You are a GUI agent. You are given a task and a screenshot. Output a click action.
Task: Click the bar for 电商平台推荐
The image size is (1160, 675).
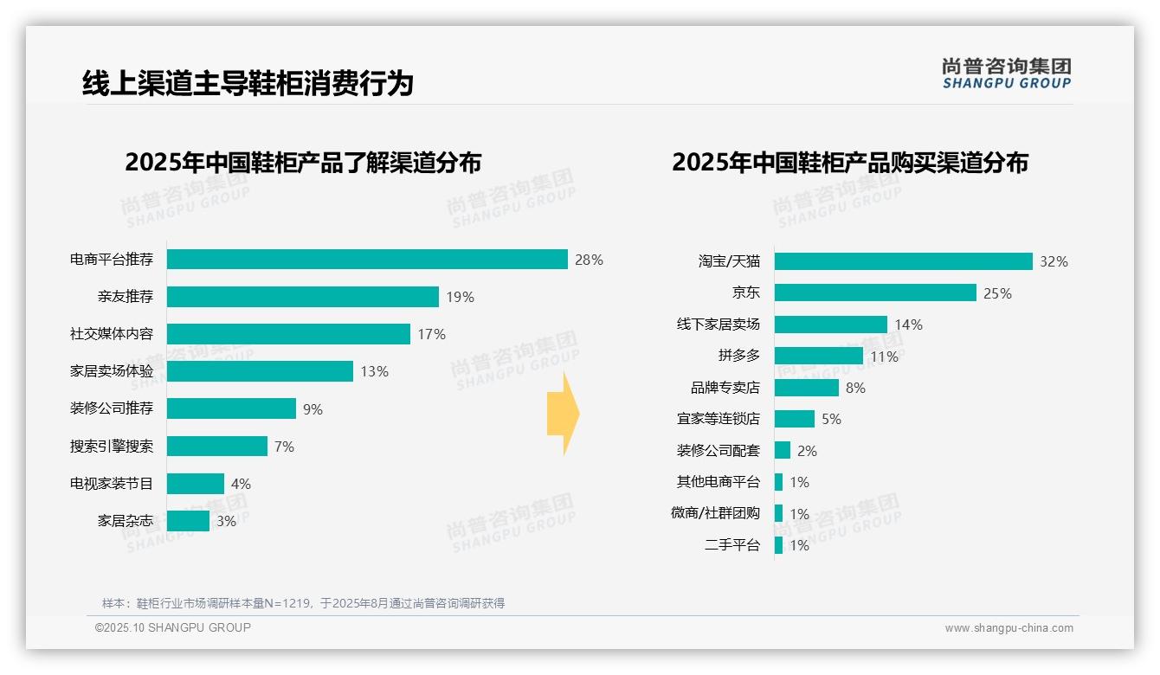367,260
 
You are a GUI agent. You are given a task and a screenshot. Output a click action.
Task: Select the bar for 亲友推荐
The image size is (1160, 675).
302,297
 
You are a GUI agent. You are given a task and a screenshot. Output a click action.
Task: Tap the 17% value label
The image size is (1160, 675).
431,334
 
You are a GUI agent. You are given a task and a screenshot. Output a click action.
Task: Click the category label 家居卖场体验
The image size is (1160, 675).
112,371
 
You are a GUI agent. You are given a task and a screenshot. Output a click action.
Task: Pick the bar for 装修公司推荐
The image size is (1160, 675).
231,408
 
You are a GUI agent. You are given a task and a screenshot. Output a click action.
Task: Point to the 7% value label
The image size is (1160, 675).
284,447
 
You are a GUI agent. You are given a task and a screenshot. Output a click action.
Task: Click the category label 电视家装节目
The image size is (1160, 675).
112,484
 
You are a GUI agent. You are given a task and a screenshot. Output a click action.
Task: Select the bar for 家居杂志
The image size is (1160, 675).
188,521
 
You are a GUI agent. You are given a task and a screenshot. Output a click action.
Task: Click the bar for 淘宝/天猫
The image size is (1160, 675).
903,261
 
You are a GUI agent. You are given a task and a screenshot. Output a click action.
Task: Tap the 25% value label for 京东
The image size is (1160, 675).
997,293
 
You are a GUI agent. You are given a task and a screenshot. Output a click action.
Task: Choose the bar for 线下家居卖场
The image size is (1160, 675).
830,325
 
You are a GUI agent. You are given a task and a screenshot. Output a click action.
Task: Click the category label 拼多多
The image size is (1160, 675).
738,356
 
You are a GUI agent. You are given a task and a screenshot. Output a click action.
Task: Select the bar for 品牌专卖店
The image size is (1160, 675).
806,388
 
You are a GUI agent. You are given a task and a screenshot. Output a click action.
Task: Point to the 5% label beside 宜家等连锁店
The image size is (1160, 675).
831,419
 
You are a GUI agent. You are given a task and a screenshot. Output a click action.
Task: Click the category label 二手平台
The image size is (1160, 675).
732,545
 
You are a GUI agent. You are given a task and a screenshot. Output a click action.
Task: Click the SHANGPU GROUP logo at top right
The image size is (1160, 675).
1006,74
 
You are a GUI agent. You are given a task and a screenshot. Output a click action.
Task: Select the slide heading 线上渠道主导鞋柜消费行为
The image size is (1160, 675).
248,83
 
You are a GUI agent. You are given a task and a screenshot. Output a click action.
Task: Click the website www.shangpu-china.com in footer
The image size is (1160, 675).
1009,628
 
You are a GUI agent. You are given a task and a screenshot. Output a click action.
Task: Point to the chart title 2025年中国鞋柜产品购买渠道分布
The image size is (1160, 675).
849,163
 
